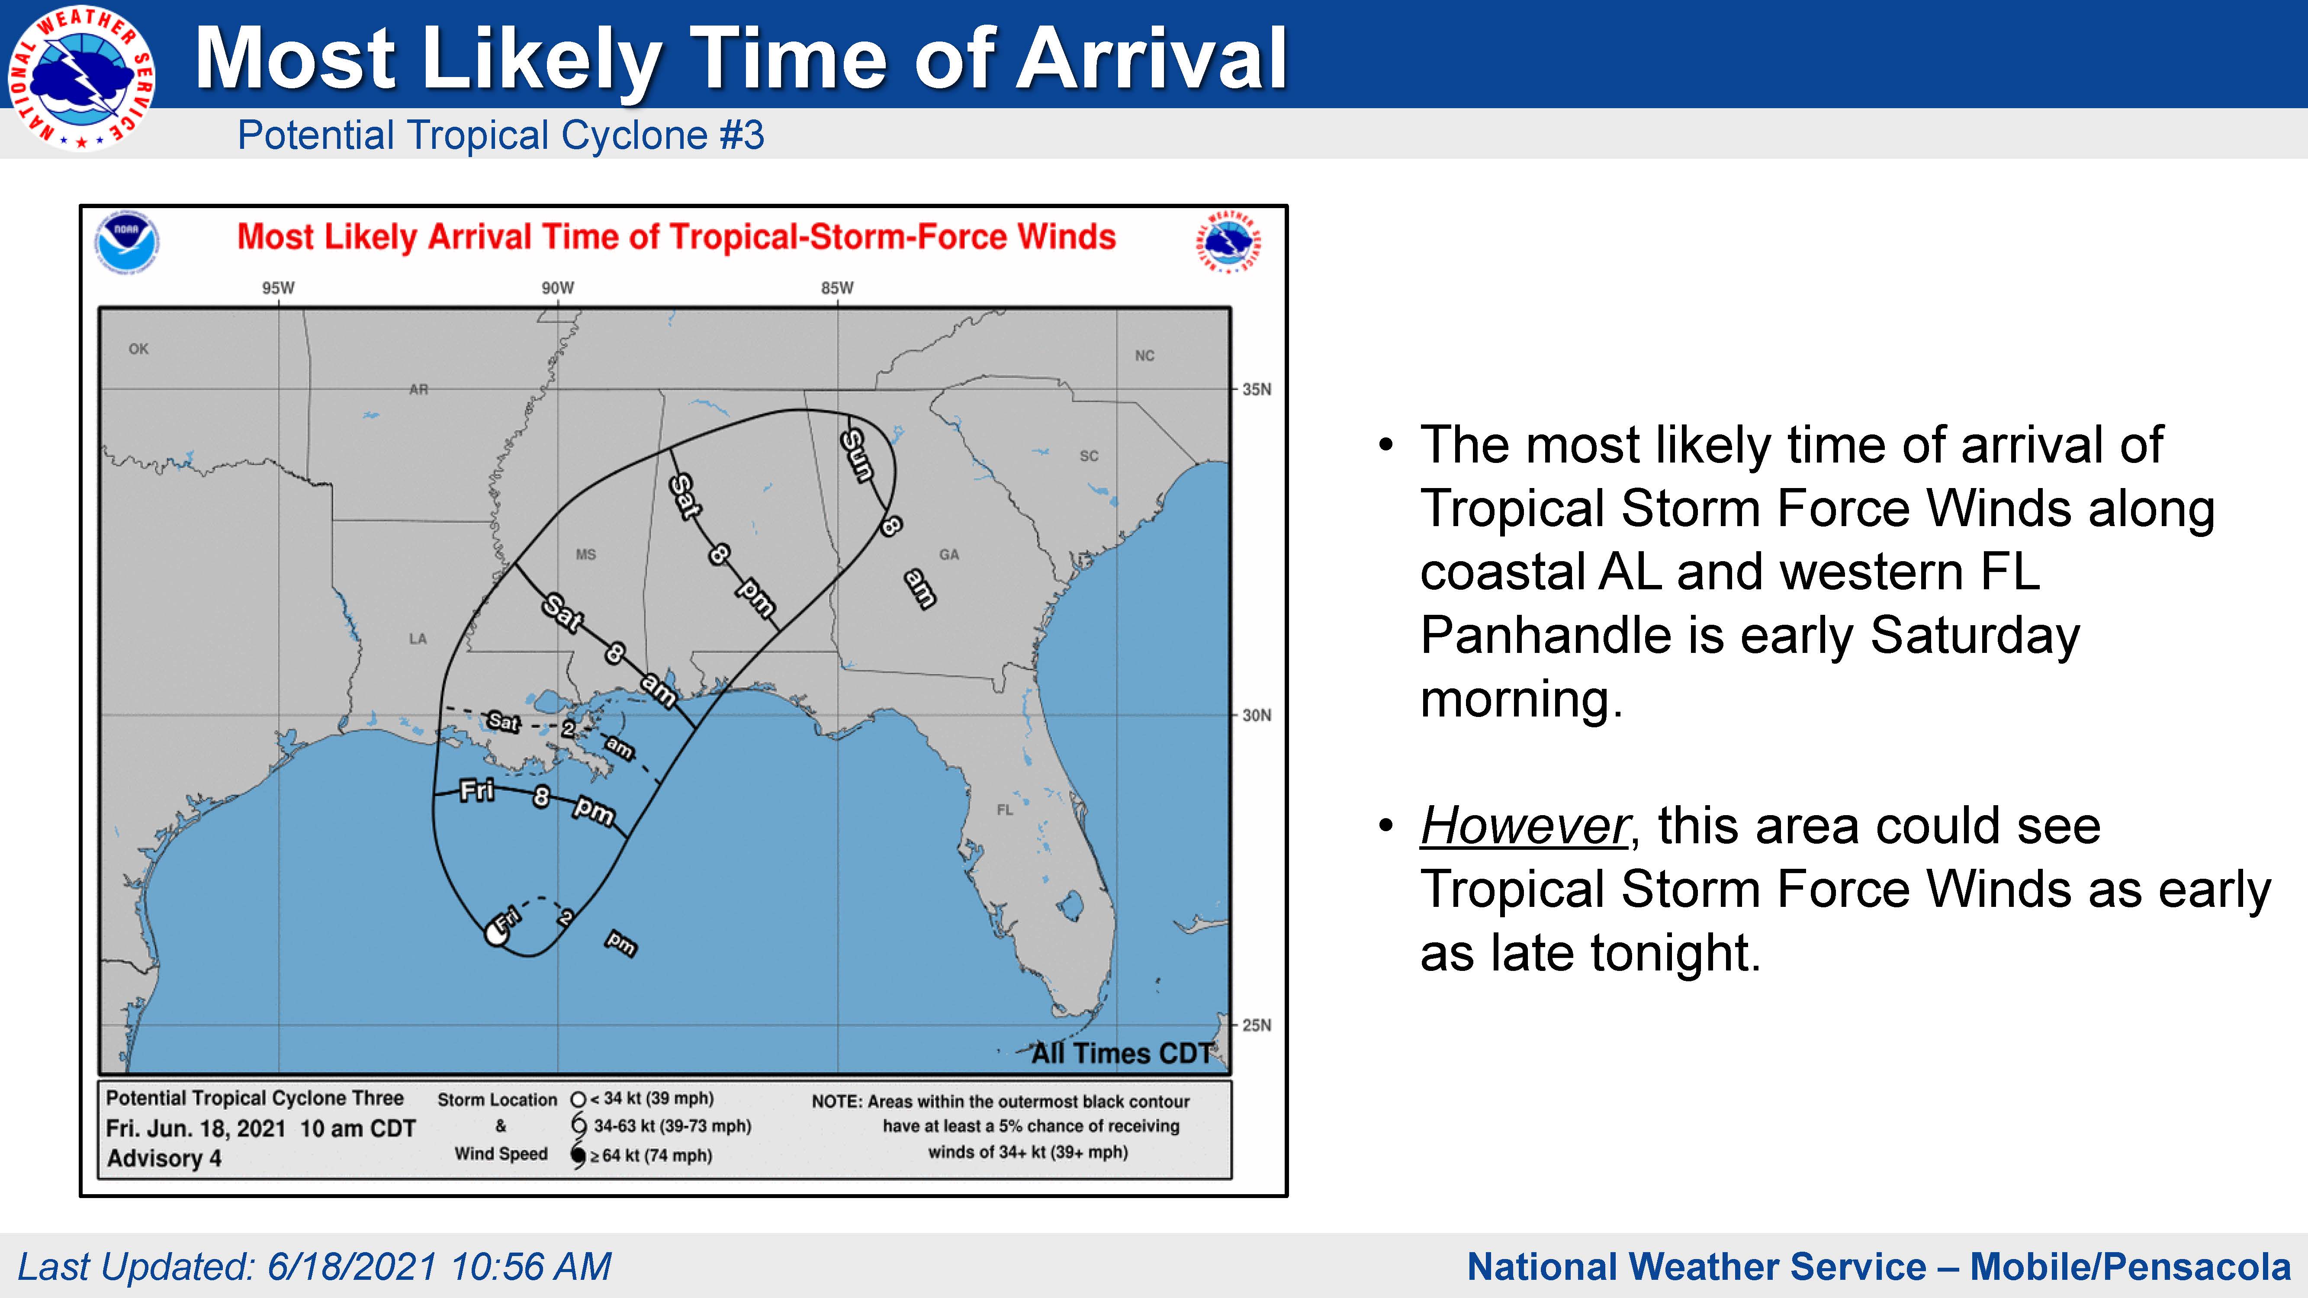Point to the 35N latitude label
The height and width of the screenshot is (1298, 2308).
coord(1256,390)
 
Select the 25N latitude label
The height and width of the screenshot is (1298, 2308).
coord(1256,1025)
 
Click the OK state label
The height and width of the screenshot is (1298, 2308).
coord(139,348)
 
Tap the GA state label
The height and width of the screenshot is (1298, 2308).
coord(949,555)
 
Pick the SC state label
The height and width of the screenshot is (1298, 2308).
coord(1089,456)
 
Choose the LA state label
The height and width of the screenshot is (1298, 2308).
coord(418,639)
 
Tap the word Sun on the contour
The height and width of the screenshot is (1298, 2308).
coord(858,455)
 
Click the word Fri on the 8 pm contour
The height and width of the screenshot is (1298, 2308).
coord(477,790)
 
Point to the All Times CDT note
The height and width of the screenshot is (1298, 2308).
coord(1122,1053)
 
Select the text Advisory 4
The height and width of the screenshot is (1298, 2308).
coord(164,1158)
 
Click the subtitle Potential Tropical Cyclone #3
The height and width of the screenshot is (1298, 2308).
coord(501,135)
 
